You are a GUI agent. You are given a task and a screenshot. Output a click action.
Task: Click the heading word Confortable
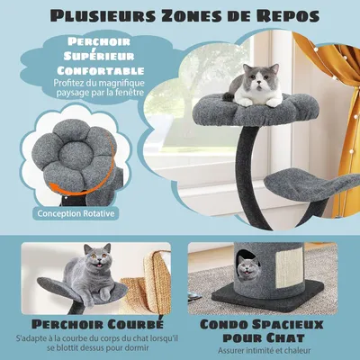click(99, 71)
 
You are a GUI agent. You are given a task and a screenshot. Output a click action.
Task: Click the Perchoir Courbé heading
click(89, 323)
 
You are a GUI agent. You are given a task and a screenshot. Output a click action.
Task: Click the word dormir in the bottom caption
click(152, 346)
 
